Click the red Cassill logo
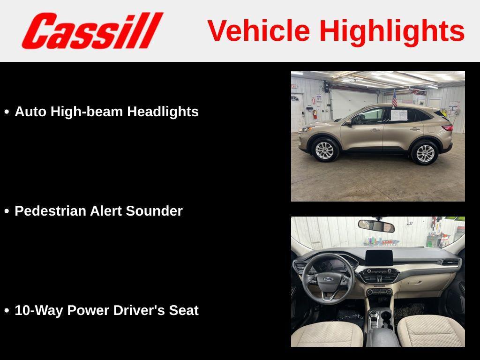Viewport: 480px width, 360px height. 92,30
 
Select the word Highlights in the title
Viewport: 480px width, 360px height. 392,31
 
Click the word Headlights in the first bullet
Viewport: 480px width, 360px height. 163,112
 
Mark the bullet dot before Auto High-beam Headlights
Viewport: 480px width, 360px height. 7,112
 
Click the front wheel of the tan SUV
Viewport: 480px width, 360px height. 324,150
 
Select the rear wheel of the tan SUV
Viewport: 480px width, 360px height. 425,153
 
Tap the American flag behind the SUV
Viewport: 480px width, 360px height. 394,99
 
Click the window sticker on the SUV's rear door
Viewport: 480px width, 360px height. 398,115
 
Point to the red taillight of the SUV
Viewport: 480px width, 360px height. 447,128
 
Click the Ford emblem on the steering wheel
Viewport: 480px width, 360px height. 328,279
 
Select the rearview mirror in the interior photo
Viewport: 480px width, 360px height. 376,226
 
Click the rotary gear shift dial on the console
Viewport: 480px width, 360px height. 374,315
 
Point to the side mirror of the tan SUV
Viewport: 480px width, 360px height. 347,122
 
